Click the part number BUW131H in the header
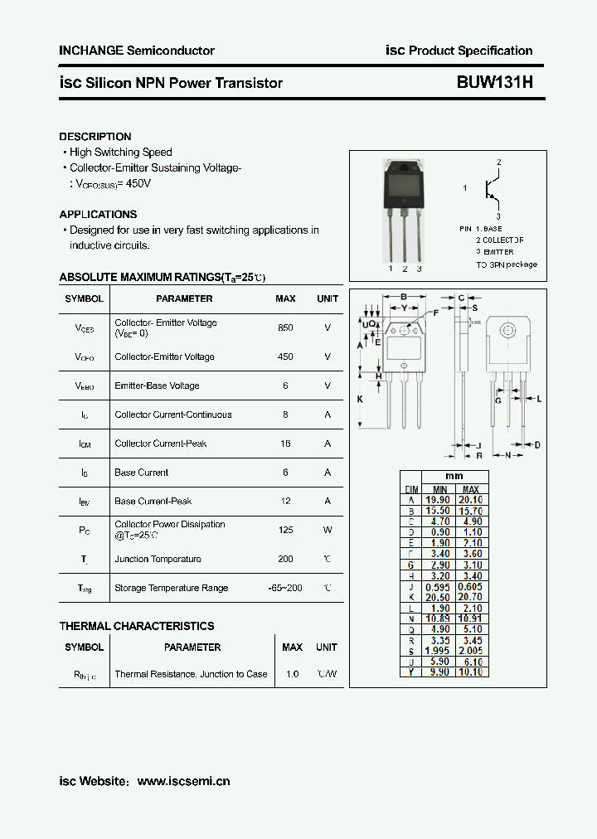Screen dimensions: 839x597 click(494, 83)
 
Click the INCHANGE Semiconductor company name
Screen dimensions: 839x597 click(137, 51)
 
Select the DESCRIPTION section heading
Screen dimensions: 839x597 click(95, 137)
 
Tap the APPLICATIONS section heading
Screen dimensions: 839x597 click(98, 214)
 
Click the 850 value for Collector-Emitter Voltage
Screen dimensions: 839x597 click(285, 327)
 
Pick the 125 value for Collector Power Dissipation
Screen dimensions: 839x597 click(285, 530)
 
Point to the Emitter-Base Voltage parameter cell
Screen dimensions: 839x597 click(157, 386)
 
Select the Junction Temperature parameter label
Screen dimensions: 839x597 click(158, 559)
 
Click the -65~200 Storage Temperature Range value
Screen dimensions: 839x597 click(285, 588)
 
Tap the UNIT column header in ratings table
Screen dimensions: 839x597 click(328, 298)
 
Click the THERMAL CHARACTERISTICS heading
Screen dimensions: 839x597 click(137, 626)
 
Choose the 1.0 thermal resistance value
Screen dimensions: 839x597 click(292, 674)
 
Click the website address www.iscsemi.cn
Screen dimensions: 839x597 click(183, 781)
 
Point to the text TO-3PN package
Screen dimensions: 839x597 click(506, 264)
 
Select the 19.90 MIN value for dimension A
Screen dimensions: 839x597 click(437, 500)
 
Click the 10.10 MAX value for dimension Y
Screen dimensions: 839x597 click(470, 672)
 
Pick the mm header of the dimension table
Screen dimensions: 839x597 click(454, 477)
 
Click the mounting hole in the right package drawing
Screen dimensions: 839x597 click(507, 330)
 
